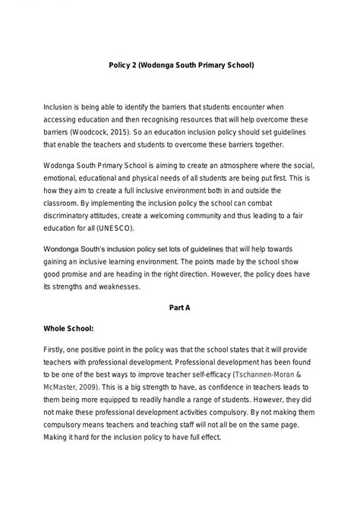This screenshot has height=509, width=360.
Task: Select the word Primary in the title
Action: coord(211,66)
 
